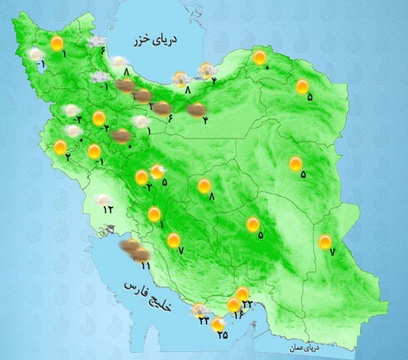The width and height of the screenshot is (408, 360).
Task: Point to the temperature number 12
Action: (108, 209)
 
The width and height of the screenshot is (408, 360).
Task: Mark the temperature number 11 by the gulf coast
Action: (145, 266)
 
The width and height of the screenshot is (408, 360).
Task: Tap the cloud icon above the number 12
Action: (103, 200)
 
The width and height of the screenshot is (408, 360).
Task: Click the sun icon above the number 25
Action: (217, 324)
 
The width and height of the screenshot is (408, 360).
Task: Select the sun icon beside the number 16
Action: (233, 304)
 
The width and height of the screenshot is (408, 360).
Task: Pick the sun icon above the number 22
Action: (242, 294)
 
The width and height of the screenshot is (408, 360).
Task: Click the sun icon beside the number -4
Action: (99, 119)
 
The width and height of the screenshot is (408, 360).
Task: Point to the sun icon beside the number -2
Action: (142, 177)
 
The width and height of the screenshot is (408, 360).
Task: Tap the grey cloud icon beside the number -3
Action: (72, 111)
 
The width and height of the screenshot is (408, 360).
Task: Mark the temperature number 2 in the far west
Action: (68, 158)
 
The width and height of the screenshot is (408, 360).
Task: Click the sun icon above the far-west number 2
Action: (61, 147)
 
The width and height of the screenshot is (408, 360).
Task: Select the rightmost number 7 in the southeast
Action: (332, 252)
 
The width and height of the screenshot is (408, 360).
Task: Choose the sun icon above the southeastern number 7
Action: (325, 242)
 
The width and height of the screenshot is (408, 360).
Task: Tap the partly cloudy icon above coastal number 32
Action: (200, 310)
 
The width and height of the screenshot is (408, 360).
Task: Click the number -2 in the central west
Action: (147, 188)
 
